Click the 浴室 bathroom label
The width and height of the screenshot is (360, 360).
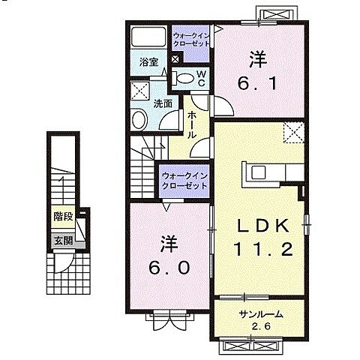[148, 64]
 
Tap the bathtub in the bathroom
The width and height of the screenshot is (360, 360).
[148, 39]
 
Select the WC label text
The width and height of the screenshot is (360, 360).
[202, 77]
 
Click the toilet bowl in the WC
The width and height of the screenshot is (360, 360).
[183, 76]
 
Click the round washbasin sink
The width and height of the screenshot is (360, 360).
[140, 118]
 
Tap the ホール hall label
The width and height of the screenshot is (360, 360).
[192, 124]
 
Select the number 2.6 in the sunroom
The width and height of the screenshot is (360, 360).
[262, 327]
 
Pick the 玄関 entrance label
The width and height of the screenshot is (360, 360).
[62, 240]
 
